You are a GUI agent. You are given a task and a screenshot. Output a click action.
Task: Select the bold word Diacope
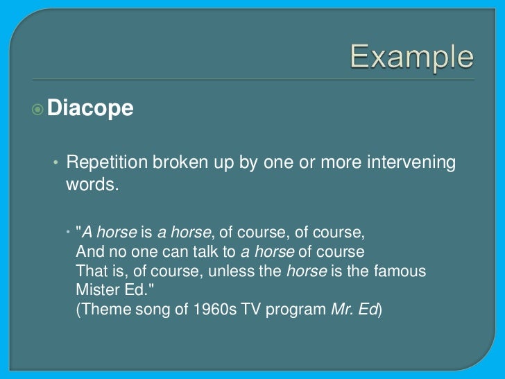[90, 108]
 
